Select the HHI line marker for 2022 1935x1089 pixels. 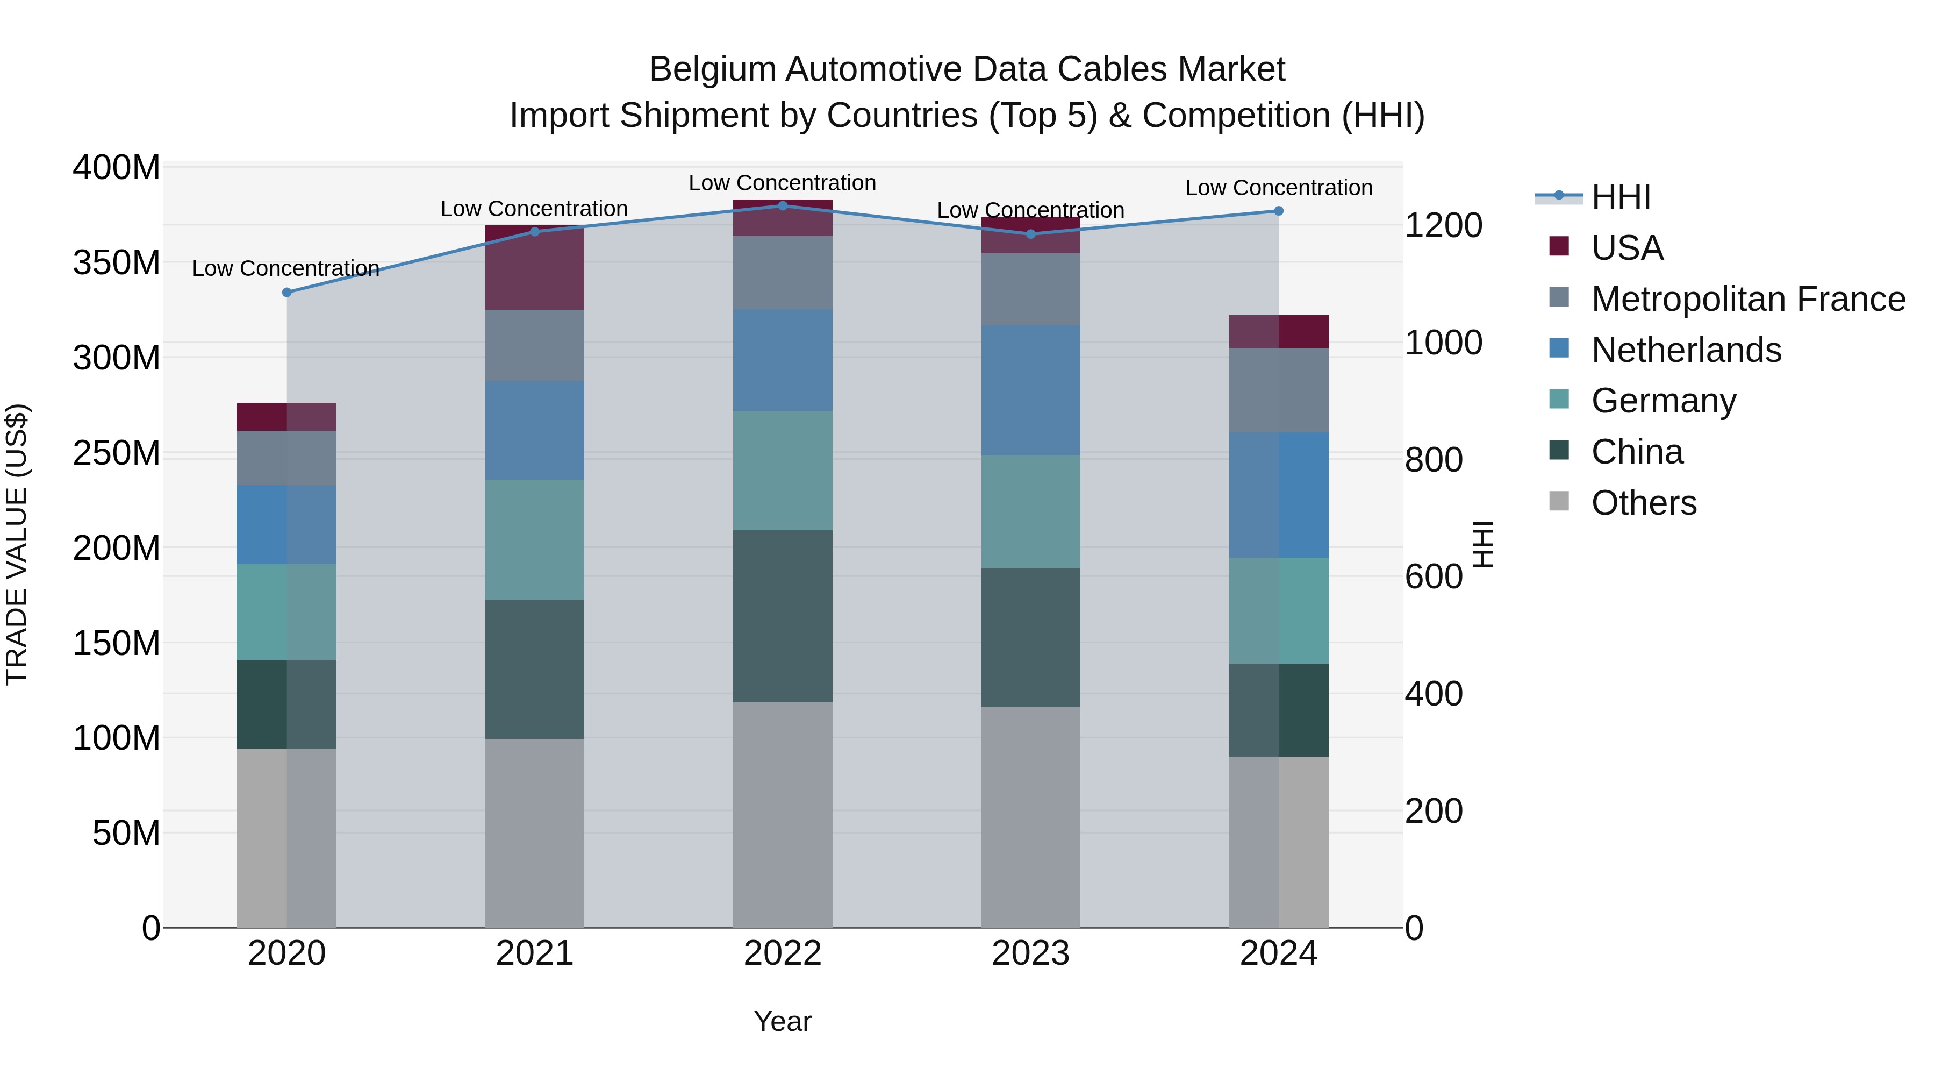(x=783, y=206)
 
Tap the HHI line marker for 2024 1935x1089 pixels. (x=1279, y=211)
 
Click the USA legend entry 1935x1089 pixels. (x=1627, y=248)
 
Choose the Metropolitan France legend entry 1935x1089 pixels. (x=1748, y=299)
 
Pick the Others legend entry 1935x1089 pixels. (x=1644, y=503)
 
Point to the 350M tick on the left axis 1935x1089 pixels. (x=117, y=263)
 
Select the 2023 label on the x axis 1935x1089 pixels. (x=1030, y=953)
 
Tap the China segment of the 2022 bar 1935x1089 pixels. (x=783, y=616)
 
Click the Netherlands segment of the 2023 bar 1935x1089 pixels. (x=1030, y=390)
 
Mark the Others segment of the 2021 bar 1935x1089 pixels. (x=535, y=832)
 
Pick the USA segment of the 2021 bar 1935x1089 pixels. (x=535, y=268)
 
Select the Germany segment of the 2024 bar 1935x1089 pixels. (x=1279, y=610)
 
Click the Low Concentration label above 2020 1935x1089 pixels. (x=285, y=268)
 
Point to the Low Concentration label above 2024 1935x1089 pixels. (x=1279, y=188)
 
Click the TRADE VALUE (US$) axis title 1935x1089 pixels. (x=17, y=544)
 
